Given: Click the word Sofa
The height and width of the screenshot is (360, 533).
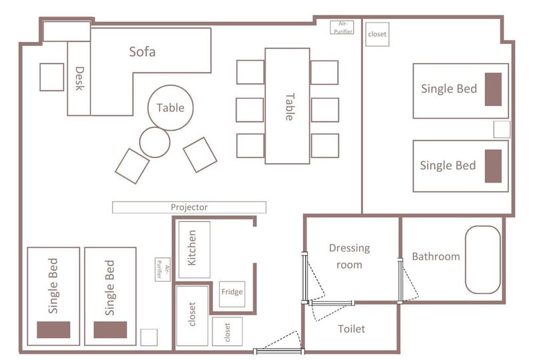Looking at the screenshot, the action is tap(142, 52).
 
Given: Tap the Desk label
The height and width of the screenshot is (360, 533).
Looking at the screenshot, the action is tap(79, 79).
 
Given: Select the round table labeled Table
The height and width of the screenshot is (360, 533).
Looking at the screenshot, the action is tap(171, 107).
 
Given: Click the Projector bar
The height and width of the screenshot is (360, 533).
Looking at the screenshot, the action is tap(189, 207).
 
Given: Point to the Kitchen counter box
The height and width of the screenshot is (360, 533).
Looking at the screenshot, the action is tap(195, 250).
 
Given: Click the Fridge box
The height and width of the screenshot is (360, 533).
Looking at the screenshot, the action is tap(232, 293).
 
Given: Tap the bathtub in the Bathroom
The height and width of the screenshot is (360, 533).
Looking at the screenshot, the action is tap(482, 259).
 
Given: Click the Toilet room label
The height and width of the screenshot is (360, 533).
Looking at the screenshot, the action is tap(352, 329).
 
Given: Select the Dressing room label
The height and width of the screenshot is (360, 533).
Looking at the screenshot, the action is tap(349, 256).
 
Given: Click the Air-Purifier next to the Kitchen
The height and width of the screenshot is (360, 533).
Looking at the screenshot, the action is tap(163, 269).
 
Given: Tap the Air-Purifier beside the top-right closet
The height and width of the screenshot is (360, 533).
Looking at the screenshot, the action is tap(342, 27).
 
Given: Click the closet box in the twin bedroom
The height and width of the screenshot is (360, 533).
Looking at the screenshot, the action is tap(377, 35).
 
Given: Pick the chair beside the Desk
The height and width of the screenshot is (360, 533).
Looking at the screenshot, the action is tap(52, 77).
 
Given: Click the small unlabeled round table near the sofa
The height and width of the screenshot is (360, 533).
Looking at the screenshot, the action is tap(155, 142).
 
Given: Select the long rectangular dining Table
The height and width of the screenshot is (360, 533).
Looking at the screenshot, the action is tap(287, 106).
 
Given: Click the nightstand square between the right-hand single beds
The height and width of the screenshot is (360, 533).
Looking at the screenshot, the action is tap(502, 129).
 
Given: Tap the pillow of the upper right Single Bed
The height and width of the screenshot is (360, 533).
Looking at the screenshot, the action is tap(493, 89).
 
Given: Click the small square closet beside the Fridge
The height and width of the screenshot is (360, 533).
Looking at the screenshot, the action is tap(227, 331).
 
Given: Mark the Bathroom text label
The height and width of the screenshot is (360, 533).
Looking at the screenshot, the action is tap(436, 256).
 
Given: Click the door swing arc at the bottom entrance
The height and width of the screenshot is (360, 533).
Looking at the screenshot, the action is tap(282, 340).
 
